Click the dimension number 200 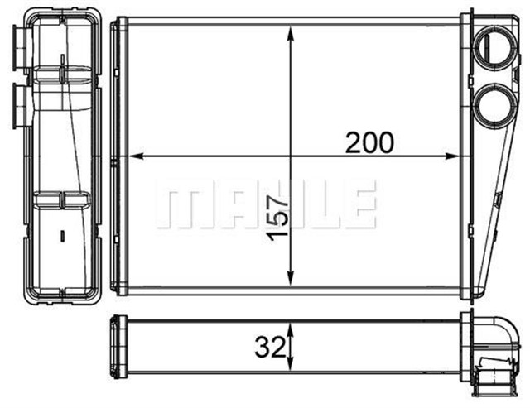tap(369, 143)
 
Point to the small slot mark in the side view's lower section tap(62, 233)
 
